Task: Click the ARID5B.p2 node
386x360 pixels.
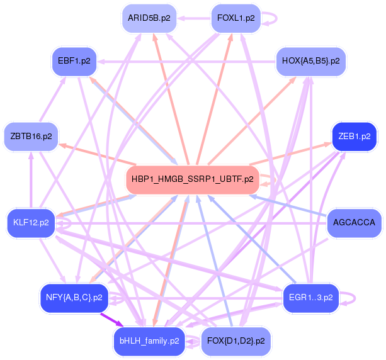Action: pos(149,18)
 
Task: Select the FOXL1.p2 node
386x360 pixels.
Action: pos(236,18)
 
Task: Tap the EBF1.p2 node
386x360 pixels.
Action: pos(73,61)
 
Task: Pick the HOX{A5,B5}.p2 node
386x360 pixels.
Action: pos(311,61)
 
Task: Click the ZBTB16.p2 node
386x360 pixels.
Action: pos(31,136)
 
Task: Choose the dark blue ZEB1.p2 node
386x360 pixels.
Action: pos(354,136)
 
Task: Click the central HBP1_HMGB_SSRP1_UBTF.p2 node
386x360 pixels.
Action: pos(193,179)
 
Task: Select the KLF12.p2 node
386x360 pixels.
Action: pos(31,223)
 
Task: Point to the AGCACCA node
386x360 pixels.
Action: pos(354,223)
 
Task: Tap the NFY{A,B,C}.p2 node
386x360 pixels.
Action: pos(74,297)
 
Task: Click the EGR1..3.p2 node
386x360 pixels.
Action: pos(311,297)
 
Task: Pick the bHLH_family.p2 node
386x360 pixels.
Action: pos(149,341)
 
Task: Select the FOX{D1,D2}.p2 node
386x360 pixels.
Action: pos(235,341)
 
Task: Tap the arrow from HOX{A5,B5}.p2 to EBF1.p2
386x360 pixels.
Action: pos(189,61)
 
